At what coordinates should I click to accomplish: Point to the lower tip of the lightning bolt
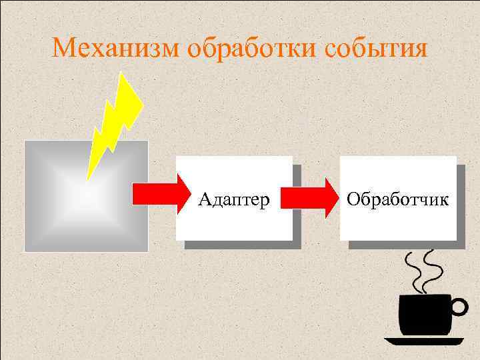point(87,179)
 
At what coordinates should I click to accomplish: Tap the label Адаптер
point(234,199)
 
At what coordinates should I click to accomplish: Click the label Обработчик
point(398,199)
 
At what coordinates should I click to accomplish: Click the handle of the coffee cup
point(458,307)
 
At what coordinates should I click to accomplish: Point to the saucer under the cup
point(424,341)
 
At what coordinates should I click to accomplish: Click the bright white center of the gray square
point(79,193)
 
